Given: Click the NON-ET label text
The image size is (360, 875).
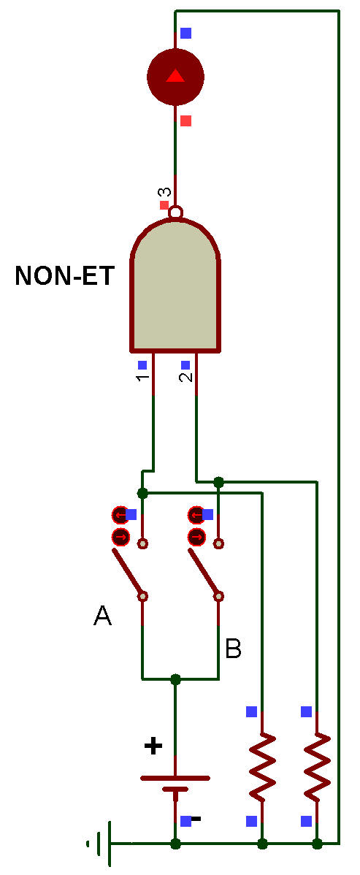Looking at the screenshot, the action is click(x=65, y=275).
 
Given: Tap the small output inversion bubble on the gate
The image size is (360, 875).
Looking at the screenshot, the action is click(x=176, y=213).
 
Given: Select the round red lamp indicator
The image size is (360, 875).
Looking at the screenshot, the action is click(x=175, y=77).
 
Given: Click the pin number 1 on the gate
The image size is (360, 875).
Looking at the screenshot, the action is click(x=143, y=378).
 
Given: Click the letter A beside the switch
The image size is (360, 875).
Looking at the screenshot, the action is click(x=102, y=616).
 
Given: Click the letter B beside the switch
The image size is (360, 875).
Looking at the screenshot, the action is click(x=233, y=649).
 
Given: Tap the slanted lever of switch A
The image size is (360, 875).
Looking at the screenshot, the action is click(x=128, y=572).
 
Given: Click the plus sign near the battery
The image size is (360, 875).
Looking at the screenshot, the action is click(x=153, y=746).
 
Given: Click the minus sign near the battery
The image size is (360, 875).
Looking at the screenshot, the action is click(x=196, y=819).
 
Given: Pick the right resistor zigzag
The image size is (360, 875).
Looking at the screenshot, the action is click(x=317, y=767).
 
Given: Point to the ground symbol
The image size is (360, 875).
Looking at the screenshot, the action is click(x=101, y=843).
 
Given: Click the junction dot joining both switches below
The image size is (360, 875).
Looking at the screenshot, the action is click(x=176, y=679).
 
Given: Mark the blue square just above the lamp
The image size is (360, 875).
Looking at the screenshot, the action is click(x=186, y=33).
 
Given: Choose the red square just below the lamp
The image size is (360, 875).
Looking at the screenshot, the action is click(x=186, y=121).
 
